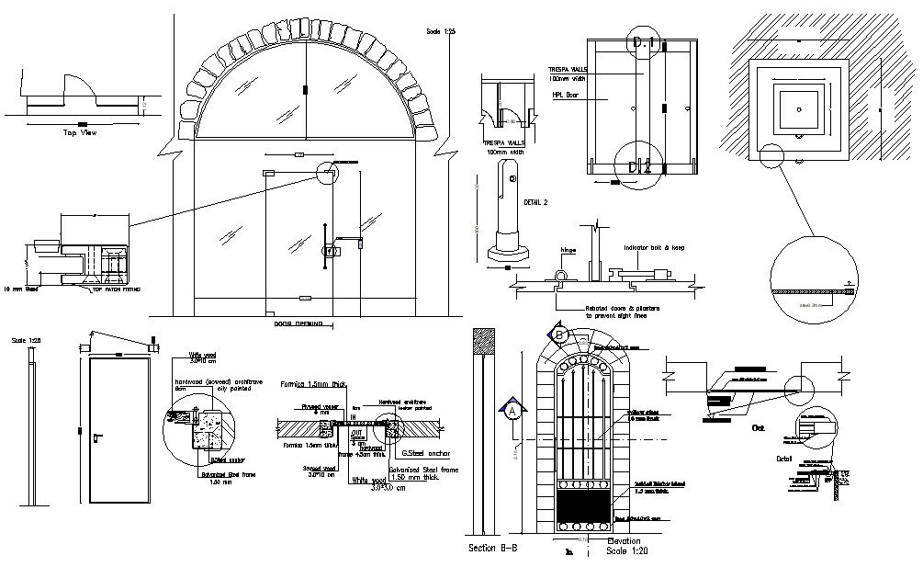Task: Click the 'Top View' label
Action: (79, 133)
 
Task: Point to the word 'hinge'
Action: (568, 249)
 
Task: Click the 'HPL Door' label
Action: (564, 95)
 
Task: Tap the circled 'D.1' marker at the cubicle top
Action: (640, 43)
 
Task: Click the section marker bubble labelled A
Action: (513, 411)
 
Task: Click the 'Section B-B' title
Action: (493, 549)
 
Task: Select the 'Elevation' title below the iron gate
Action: (624, 541)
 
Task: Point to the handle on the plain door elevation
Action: (96, 433)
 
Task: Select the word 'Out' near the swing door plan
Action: (759, 428)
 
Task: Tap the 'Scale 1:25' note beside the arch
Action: (441, 32)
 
